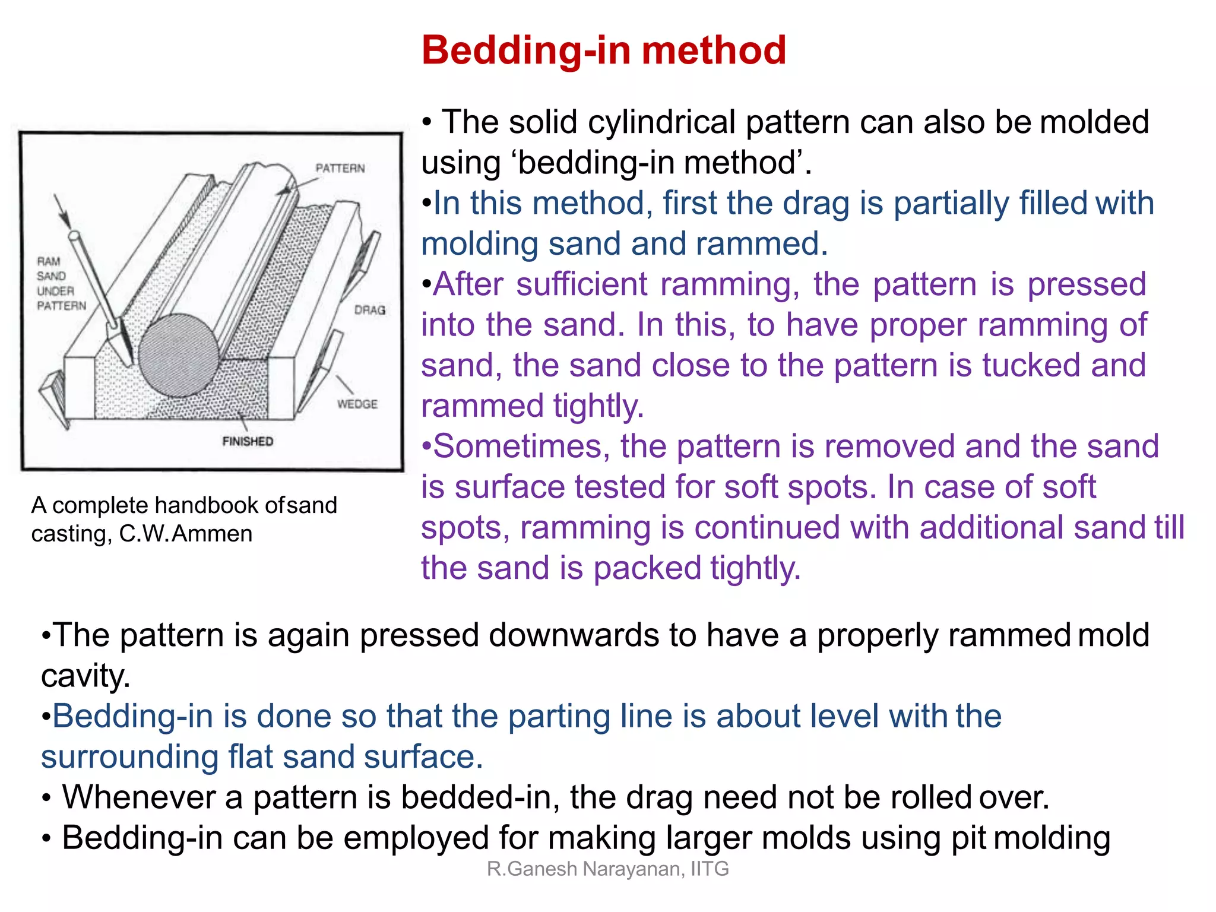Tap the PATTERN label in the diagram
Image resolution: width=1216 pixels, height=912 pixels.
pos(340,169)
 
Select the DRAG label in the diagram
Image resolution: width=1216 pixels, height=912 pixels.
pos(369,310)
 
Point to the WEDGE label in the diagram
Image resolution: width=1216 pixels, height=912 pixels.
pos(357,404)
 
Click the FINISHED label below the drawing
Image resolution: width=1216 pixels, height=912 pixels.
pos(248,441)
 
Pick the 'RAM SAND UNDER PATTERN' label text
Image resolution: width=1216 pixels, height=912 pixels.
pos(61,284)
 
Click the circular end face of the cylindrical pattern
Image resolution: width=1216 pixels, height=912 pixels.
pos(179,355)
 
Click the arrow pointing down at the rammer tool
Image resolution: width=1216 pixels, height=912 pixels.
pos(61,211)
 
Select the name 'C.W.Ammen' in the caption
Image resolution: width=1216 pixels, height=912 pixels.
pos(185,534)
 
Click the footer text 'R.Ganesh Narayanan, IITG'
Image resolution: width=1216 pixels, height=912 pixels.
pos(607,869)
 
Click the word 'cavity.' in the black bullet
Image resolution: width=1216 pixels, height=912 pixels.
pos(85,676)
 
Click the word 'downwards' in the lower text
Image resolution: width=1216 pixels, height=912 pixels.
pos(574,635)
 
